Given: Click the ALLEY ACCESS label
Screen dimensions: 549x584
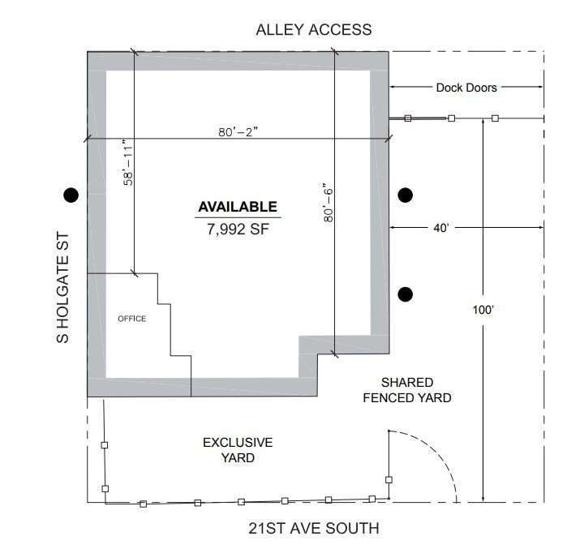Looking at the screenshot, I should (313, 30).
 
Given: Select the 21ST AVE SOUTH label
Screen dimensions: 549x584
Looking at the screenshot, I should (313, 529).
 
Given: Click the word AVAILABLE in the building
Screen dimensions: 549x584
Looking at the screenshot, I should (238, 208).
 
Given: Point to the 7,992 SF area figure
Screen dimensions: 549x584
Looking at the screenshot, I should (238, 229).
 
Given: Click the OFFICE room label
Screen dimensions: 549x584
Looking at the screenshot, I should (131, 319).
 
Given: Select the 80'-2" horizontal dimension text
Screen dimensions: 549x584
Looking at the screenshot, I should (238, 133).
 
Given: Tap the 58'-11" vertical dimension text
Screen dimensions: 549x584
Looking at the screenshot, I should (127, 166).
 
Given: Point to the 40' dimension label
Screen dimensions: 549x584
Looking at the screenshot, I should (441, 229).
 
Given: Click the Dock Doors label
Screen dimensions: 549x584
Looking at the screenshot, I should (466, 88).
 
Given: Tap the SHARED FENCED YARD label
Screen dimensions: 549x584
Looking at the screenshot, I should (406, 390).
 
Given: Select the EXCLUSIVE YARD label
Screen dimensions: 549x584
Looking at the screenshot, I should (238, 450).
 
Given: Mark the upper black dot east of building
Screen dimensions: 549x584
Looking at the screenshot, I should (406, 194).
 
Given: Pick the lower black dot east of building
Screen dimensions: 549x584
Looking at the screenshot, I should (406, 293).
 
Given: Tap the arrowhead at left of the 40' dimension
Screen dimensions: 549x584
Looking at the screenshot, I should (393, 229).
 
